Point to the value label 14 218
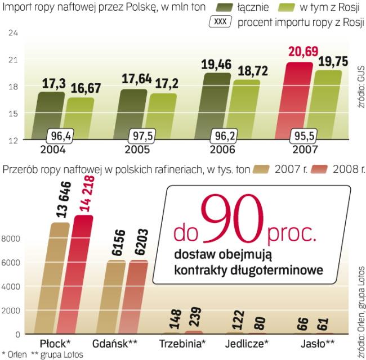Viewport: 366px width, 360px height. (81, 194)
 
